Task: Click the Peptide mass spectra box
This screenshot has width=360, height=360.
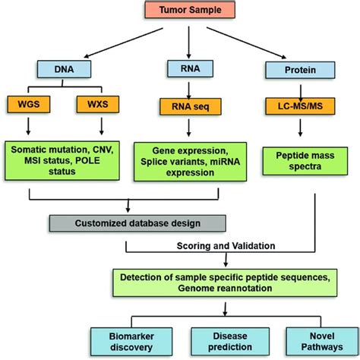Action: (298, 158)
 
